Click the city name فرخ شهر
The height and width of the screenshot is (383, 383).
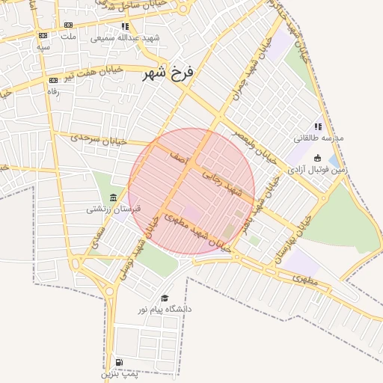click(168, 73)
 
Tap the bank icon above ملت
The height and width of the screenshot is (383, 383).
click(70, 25)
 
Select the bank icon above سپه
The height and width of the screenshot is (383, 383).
click(43, 35)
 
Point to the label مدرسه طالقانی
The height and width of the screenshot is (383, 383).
click(319, 138)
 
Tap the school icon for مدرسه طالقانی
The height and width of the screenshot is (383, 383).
click(318, 126)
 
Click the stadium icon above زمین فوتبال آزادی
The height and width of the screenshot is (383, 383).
click(319, 158)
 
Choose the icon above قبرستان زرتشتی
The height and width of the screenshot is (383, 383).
click(112, 197)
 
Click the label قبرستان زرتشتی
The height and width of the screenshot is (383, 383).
click(106, 209)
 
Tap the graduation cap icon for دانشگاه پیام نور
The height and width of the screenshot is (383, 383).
click(165, 297)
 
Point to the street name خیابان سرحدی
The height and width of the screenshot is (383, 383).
click(99, 139)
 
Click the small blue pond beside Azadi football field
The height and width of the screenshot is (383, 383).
click(333, 159)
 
